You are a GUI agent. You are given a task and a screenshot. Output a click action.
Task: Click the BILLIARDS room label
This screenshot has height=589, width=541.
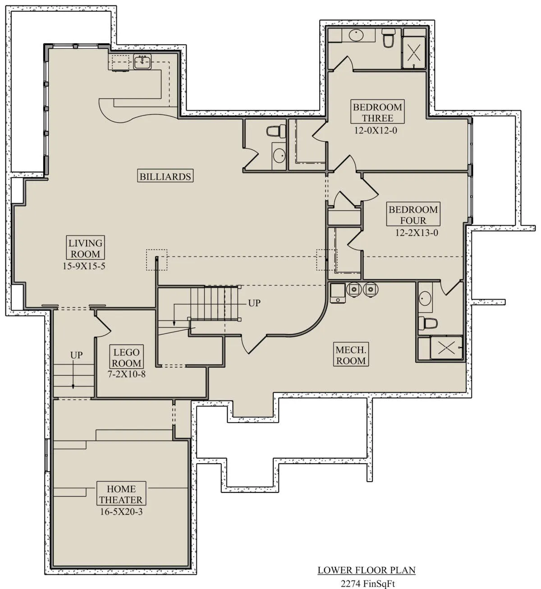pyautogui.click(x=165, y=176)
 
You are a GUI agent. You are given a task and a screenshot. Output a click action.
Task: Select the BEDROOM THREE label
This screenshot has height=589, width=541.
pyautogui.click(x=377, y=112)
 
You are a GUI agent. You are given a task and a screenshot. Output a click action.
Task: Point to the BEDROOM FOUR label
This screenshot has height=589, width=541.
pyautogui.click(x=413, y=215)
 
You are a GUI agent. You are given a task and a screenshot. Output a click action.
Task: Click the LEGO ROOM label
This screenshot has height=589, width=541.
pyautogui.click(x=127, y=357)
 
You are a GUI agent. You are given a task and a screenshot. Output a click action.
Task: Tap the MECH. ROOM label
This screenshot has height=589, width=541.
pyautogui.click(x=351, y=355)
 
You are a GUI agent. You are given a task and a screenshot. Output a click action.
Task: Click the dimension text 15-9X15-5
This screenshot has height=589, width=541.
pyautogui.click(x=84, y=266)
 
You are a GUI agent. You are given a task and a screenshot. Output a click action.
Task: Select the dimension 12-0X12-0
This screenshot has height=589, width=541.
pyautogui.click(x=376, y=130)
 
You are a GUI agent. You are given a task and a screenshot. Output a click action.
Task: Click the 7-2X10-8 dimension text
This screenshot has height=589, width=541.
pyautogui.click(x=127, y=374)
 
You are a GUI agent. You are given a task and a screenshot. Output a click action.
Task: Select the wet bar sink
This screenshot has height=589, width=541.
pyautogui.click(x=142, y=62)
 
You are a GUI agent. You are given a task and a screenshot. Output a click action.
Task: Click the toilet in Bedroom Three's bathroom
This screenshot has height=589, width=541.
pyautogui.click(x=389, y=38)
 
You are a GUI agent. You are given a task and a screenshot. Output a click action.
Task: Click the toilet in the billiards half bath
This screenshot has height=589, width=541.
pyautogui.click(x=276, y=131)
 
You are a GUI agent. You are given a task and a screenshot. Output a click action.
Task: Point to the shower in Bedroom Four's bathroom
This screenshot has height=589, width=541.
pyautogui.click(x=446, y=348)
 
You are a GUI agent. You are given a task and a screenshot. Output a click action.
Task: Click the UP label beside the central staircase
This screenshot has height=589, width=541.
pyautogui.click(x=254, y=303)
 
